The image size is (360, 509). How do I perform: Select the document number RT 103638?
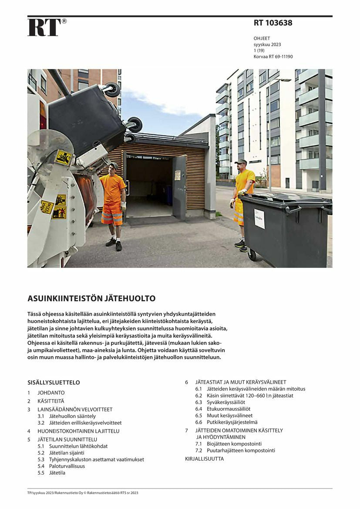tap(273, 23)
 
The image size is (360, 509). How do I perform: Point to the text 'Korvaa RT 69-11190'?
tap(273, 57)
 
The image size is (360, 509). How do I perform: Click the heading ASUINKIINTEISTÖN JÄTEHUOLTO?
tap(91, 299)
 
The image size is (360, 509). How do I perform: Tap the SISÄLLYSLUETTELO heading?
tap(54, 383)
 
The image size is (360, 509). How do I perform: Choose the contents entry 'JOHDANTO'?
tap(51, 393)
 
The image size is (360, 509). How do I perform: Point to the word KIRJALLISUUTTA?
tap(204, 459)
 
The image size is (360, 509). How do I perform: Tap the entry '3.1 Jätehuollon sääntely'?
tap(66, 416)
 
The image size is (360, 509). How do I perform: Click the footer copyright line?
tap(83, 493)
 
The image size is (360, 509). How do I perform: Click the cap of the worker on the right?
tap(241, 162)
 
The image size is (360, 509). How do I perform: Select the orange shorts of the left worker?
tap(111, 214)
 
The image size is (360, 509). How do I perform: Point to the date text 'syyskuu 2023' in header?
tap(267, 44)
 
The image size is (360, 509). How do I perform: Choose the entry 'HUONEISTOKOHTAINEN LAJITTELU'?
tap(78, 431)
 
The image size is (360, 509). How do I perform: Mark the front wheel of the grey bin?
tap(252, 255)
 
